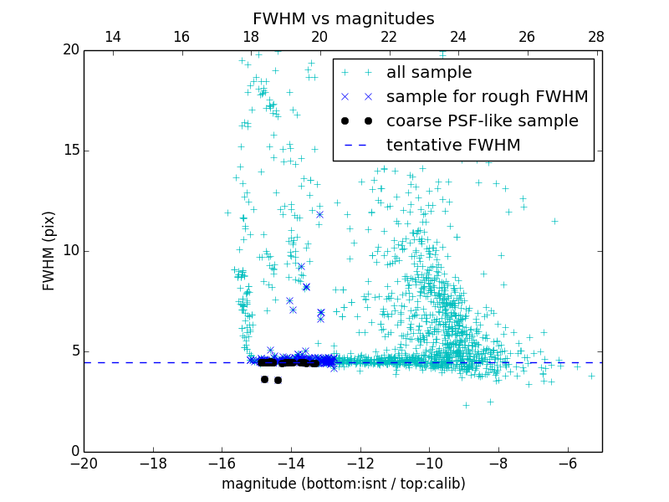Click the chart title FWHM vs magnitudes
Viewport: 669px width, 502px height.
click(x=343, y=18)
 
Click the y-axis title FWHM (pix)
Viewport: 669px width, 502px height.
click(x=49, y=250)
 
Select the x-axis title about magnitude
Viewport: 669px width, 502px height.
click(x=343, y=484)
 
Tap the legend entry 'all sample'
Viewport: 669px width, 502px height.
click(x=429, y=73)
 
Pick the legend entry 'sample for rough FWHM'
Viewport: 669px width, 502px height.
click(x=487, y=97)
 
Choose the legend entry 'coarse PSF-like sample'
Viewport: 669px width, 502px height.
click(x=482, y=121)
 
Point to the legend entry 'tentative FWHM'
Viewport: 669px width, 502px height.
click(x=453, y=146)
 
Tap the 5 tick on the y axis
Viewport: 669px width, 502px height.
click(x=74, y=351)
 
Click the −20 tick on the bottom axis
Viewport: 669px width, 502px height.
click(x=84, y=463)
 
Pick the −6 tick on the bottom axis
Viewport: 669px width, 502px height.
click(x=567, y=463)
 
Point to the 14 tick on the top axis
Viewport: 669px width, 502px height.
click(x=112, y=37)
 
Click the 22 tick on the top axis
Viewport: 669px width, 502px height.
click(x=389, y=37)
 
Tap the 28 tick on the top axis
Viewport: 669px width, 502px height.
click(x=596, y=37)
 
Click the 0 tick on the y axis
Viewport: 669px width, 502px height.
click(x=74, y=452)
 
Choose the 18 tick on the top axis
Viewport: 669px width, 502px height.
click(x=251, y=37)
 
